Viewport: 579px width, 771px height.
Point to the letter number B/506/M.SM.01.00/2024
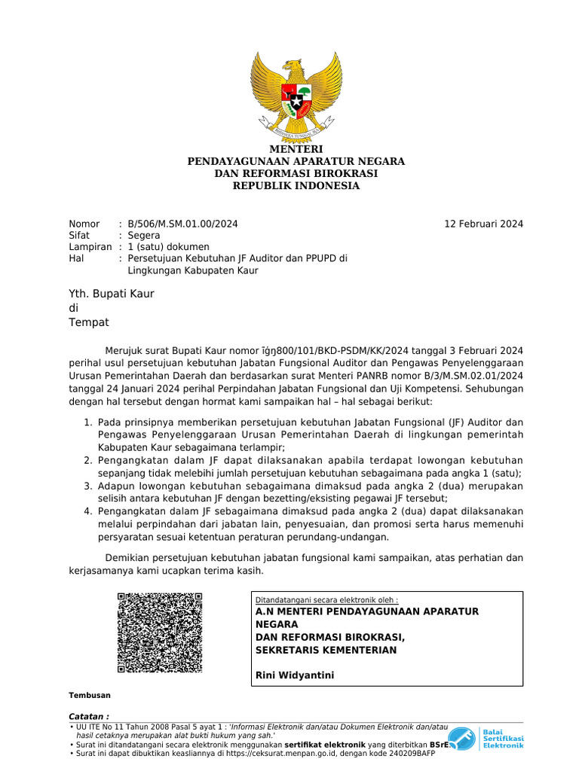183,224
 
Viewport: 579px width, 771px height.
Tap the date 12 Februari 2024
483,224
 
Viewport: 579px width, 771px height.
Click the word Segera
144,235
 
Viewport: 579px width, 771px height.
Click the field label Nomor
84,224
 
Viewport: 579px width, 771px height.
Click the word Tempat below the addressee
89,322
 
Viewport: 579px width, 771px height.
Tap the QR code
160,632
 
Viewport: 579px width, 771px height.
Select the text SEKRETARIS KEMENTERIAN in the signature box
326,650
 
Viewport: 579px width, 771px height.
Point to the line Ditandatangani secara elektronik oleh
327,599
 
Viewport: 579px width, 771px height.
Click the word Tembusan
90,695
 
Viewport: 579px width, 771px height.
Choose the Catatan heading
89,715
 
